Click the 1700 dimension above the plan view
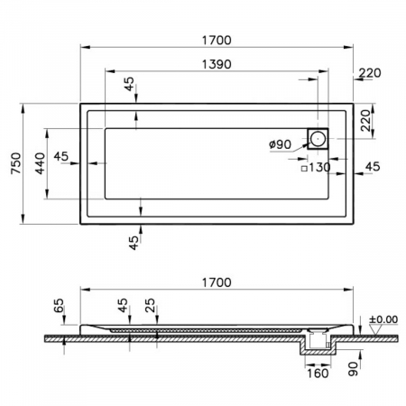217,40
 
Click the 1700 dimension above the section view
217,282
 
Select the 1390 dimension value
217,64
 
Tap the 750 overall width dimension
16,163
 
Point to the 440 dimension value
40,163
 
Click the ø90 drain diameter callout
281,144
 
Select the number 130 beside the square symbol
319,167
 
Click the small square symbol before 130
304,169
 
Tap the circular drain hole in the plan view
318,139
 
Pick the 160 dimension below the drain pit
318,374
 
